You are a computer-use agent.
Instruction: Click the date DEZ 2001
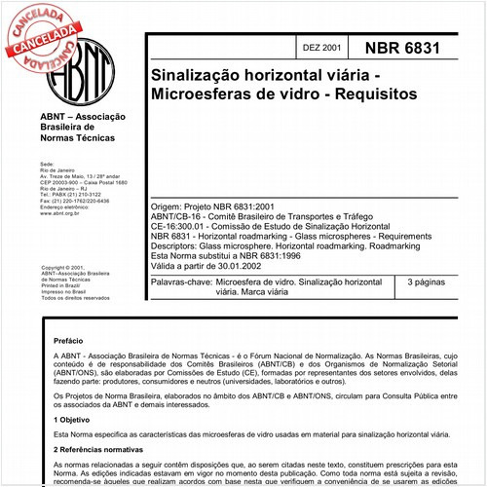(x=322, y=47)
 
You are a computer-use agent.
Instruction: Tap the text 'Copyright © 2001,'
(x=62, y=267)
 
